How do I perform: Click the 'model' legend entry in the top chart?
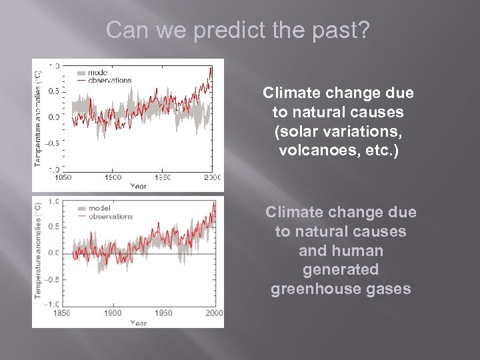[x=99, y=73]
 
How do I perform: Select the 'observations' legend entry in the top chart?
[x=110, y=80]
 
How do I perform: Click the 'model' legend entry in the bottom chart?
[x=99, y=208]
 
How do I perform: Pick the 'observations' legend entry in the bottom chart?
[x=111, y=216]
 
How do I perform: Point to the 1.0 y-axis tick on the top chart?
[x=53, y=65]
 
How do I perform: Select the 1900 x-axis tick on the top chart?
[x=113, y=177]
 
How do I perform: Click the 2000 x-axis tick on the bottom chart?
[x=213, y=313]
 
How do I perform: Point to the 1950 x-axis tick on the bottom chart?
[x=163, y=313]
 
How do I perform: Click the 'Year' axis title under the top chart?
[x=138, y=186]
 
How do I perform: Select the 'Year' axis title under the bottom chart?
[x=138, y=323]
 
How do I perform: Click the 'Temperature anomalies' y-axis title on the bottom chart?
[x=39, y=253]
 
